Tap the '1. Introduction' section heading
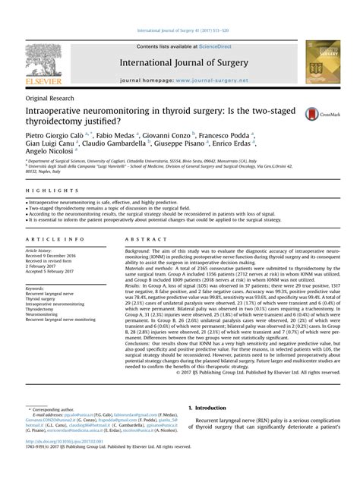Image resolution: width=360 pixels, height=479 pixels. (x=210, y=408)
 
